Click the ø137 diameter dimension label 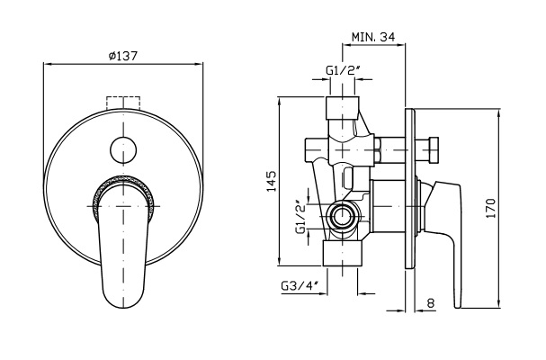123,56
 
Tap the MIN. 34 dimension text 373,37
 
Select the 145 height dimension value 271,181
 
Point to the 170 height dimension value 490,209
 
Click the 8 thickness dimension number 431,303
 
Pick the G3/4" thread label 300,286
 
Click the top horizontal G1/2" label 343,70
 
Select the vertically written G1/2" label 300,216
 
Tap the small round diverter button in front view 123,150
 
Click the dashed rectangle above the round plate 123,103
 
